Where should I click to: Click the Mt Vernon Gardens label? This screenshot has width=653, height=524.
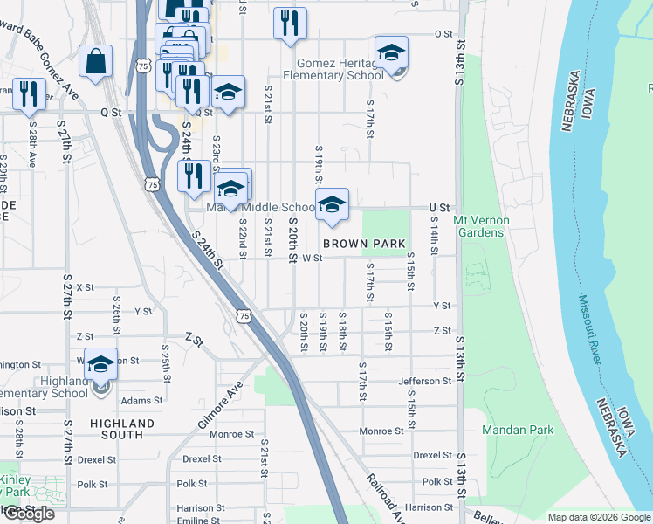pos(479,226)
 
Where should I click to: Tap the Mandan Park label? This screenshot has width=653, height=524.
pos(517,431)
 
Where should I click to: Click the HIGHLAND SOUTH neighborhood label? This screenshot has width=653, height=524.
pos(123,429)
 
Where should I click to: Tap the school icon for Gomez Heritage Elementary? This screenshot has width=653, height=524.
pos(391,55)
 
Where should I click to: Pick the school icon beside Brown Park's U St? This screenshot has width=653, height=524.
pos(331,206)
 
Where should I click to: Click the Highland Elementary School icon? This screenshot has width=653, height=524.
pos(101,365)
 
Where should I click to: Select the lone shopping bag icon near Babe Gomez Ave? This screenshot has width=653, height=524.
pos(95,62)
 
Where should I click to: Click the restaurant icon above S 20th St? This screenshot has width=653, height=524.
pos(290,24)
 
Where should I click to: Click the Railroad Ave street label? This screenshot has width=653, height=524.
pos(387,499)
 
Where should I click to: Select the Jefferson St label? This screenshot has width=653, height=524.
pos(424,381)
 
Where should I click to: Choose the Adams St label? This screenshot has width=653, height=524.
pos(141,401)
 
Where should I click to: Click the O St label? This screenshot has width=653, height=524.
pos(443,33)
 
